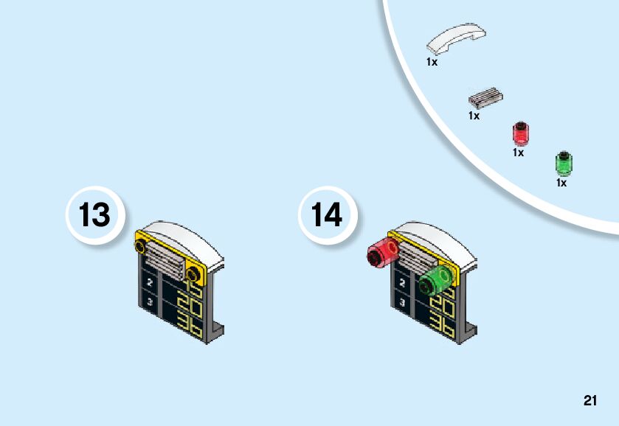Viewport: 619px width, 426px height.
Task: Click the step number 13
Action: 94,215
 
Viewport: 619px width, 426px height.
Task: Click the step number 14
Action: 327,215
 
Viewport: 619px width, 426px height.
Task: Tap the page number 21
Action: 589,401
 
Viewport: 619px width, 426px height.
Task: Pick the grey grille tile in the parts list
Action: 485,97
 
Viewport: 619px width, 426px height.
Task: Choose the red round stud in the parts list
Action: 522,133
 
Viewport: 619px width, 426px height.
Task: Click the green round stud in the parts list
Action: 564,162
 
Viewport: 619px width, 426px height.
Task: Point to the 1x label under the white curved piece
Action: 432,63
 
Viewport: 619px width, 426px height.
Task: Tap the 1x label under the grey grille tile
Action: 474,116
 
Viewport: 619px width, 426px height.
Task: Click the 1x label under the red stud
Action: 518,153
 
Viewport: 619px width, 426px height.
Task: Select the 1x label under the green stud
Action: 561,183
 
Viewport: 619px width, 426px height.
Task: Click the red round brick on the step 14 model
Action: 381,253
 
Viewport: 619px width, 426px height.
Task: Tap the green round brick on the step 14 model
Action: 435,281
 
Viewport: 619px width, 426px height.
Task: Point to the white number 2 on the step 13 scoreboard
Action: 150,282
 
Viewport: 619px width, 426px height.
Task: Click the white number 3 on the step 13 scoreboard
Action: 150,302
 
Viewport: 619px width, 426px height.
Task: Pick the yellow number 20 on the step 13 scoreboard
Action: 190,306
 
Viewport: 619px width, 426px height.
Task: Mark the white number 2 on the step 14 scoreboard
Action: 402,282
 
